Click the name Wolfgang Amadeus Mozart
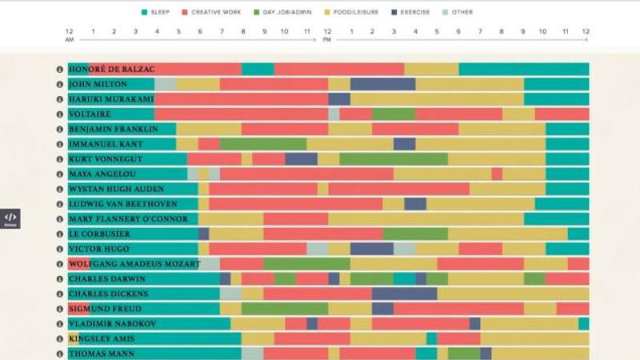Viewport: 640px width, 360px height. [x=133, y=264]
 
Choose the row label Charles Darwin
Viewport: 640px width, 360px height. [x=106, y=279]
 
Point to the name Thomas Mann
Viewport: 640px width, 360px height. [x=101, y=354]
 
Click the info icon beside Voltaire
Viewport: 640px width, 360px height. [x=60, y=114]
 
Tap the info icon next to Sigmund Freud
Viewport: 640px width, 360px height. [x=60, y=309]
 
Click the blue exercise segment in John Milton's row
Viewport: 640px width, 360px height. [x=382, y=84]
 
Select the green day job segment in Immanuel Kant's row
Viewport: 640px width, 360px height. [x=263, y=144]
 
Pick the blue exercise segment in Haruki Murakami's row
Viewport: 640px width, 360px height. [x=339, y=99]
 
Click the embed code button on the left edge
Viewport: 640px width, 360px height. [x=10, y=218]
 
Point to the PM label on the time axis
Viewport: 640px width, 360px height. [x=326, y=39]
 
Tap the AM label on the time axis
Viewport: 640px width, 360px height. [x=70, y=39]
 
